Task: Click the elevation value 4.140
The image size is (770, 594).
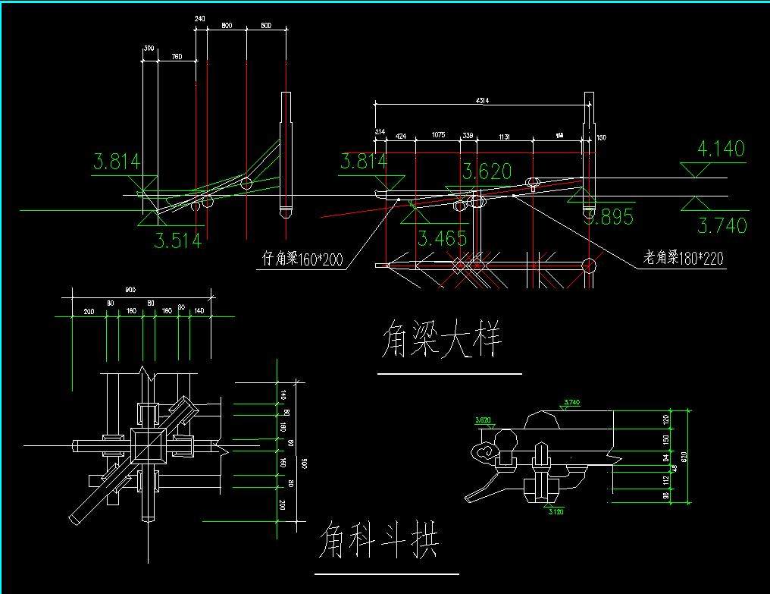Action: click(x=721, y=149)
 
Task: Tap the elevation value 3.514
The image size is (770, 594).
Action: click(x=178, y=240)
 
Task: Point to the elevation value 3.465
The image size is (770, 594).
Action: click(x=443, y=239)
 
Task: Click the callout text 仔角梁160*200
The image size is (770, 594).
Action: click(x=299, y=260)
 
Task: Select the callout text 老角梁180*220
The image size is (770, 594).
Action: click(x=683, y=259)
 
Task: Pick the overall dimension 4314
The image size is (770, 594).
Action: click(x=481, y=100)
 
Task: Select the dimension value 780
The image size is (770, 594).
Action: click(x=176, y=56)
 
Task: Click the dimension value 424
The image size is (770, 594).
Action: click(x=400, y=135)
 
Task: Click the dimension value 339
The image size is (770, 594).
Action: click(x=468, y=135)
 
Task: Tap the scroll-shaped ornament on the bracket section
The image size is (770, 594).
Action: click(x=485, y=454)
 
